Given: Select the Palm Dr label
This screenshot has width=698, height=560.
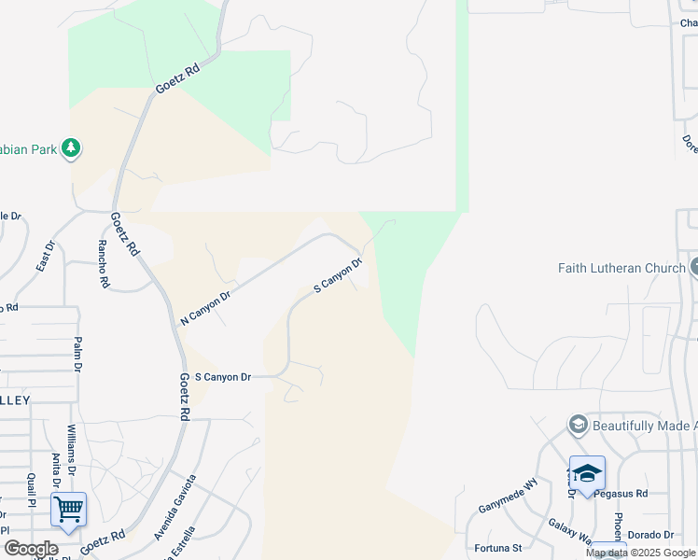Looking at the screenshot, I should pyautogui.click(x=78, y=355).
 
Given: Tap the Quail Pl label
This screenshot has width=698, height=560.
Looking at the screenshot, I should pyautogui.click(x=32, y=484).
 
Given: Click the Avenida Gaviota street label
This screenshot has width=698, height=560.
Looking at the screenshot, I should pyautogui.click(x=175, y=507).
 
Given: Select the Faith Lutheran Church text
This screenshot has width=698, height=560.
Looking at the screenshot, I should pyautogui.click(x=621, y=268).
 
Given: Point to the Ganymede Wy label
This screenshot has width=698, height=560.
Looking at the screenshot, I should pyautogui.click(x=509, y=493).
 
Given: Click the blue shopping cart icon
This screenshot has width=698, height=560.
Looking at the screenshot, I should pyautogui.click(x=68, y=510).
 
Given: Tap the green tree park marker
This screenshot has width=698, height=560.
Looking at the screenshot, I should pyautogui.click(x=70, y=148).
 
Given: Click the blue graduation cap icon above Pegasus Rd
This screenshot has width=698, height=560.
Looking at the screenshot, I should pyautogui.click(x=587, y=473).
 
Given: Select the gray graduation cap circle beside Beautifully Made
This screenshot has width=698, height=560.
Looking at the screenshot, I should pyautogui.click(x=578, y=425).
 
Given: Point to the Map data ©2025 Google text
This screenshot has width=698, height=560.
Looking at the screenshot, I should pyautogui.click(x=641, y=553).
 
